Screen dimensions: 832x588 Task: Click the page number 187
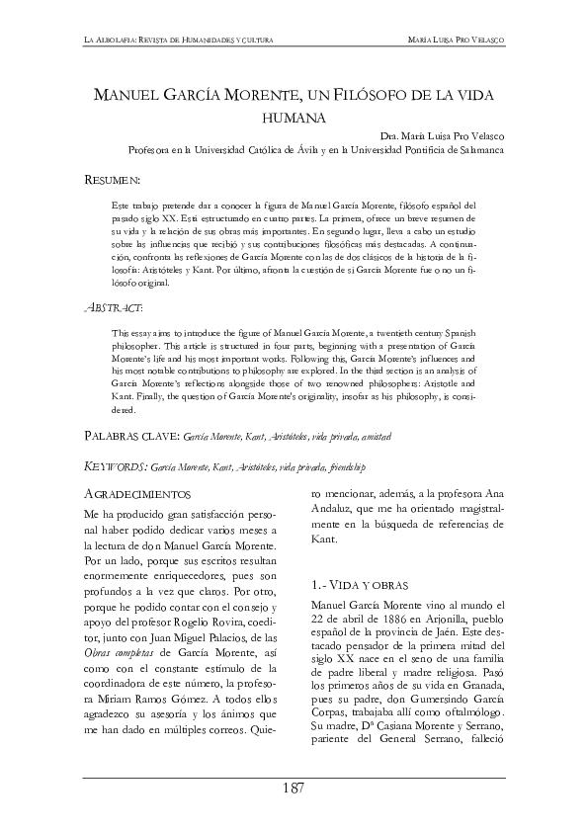click(x=294, y=788)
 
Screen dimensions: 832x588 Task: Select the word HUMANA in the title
click(x=294, y=117)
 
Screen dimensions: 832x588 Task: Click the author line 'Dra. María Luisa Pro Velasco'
click(x=442, y=136)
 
